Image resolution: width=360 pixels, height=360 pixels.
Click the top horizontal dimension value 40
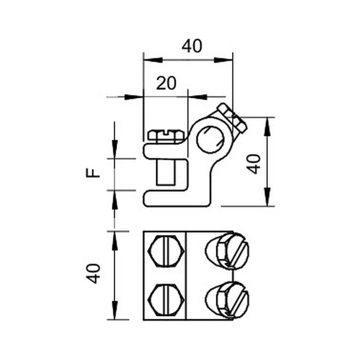pos(192,46)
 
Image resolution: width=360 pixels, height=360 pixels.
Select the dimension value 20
pos(166,83)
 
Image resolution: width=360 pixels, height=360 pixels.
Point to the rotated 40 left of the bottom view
pos(93,274)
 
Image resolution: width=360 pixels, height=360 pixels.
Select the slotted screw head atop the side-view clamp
pos(166,136)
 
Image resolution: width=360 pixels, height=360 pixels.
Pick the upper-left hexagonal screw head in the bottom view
pos(166,251)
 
